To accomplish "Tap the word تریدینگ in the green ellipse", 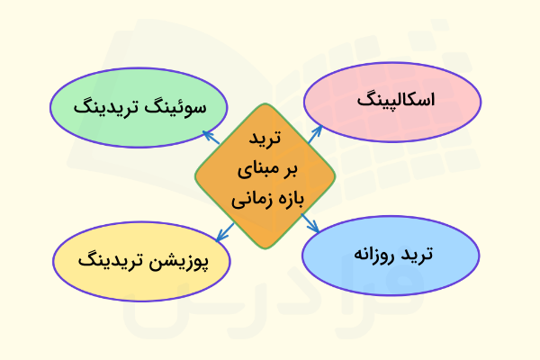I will [107, 105].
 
